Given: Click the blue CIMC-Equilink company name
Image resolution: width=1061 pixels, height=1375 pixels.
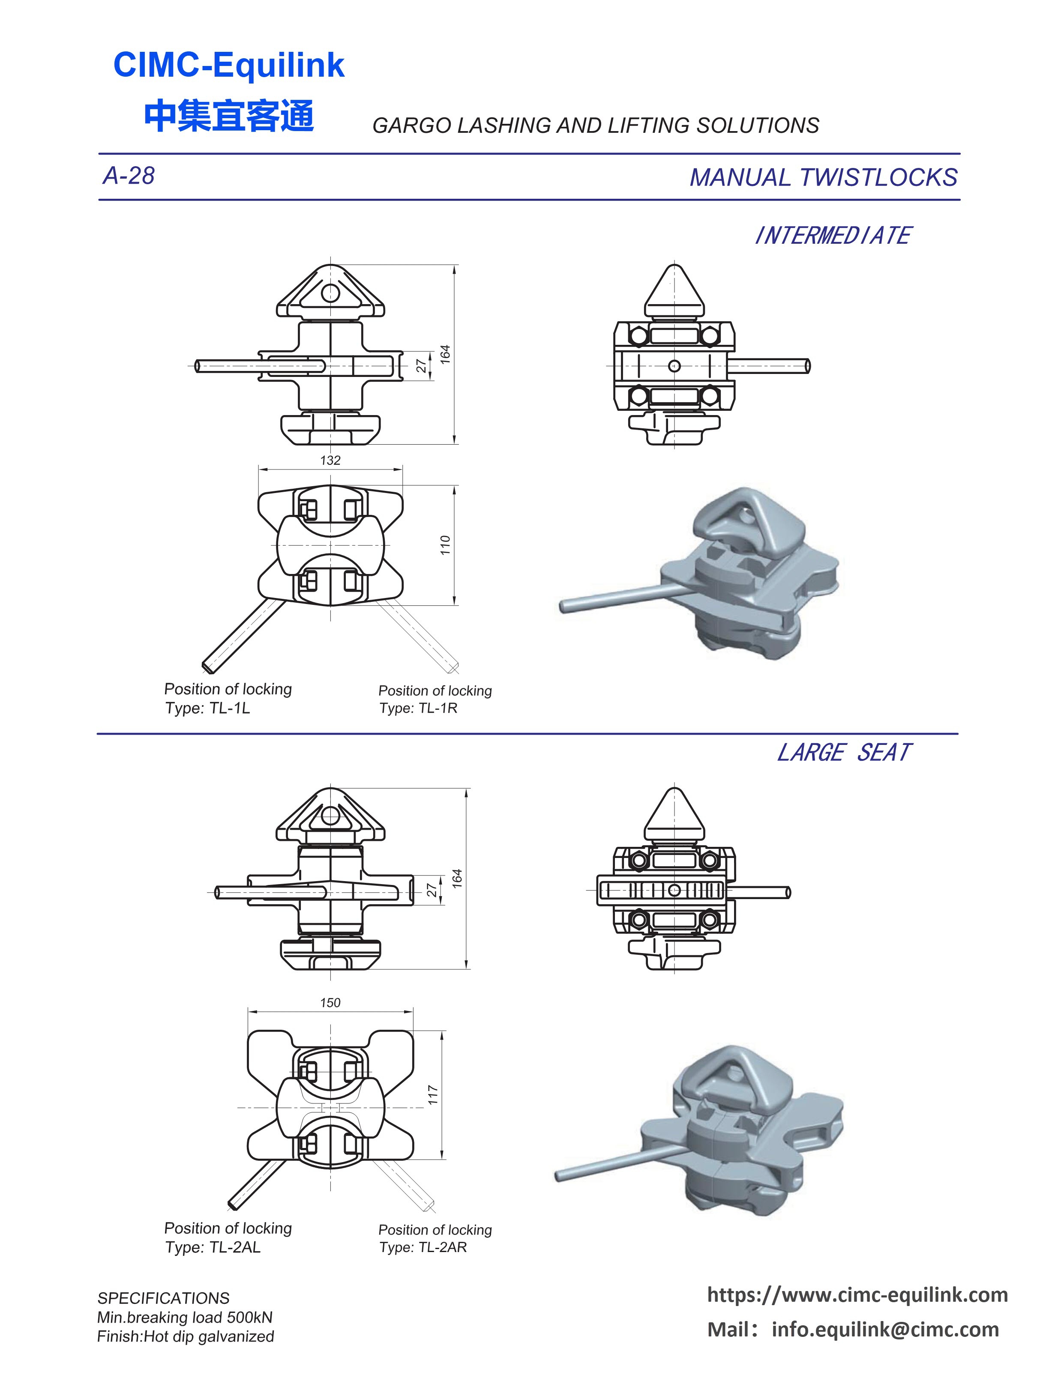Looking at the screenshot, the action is pos(228,65).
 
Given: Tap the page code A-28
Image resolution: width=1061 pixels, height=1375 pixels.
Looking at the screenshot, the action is pos(129,176).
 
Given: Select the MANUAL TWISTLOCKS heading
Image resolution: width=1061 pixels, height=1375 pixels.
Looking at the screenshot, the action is pos(823,177).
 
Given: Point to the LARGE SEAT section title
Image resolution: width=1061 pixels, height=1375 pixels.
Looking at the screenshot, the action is pos(844,752).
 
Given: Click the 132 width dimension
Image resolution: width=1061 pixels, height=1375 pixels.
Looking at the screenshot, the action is pos(330,460).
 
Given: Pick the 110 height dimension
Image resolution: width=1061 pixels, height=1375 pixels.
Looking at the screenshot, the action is pos(445,545).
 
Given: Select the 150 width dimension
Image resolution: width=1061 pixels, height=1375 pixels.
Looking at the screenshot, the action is pos(330,1002).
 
